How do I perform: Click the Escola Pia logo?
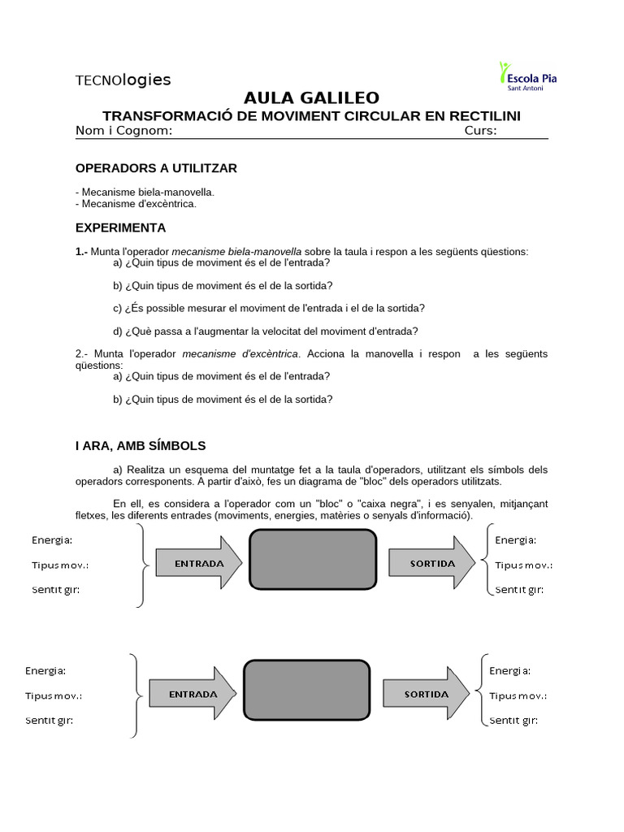[x=531, y=76]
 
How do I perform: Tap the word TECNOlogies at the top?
[x=123, y=80]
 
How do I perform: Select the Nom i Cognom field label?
[x=123, y=131]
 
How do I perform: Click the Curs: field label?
[x=480, y=131]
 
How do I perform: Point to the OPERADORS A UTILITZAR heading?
[x=156, y=168]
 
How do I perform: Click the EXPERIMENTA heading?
[x=120, y=227]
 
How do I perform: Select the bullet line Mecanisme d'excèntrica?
[x=136, y=204]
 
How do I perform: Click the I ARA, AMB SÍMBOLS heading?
[x=141, y=446]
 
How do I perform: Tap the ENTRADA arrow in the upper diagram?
[x=197, y=563]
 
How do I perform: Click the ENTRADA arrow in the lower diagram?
[x=192, y=695]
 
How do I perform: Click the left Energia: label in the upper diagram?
[x=52, y=539]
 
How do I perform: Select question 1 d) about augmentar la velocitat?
[x=266, y=331]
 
